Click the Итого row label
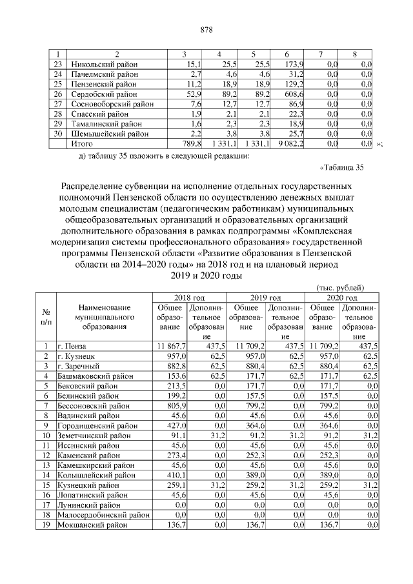[82, 143]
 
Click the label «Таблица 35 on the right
[342, 169]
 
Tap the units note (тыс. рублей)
[341, 287]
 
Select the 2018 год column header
[189, 297]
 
